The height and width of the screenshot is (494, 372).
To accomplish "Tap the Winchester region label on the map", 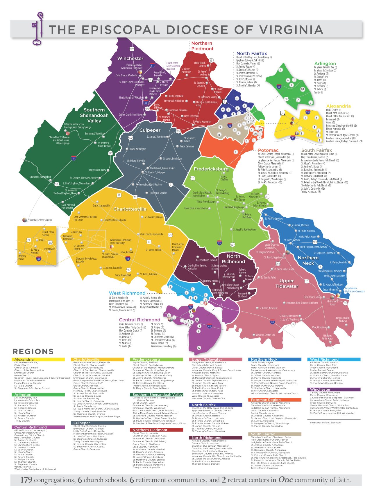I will pyautogui.click(x=130, y=58).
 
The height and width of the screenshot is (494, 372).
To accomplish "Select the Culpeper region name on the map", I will pyautogui.click(x=150, y=130).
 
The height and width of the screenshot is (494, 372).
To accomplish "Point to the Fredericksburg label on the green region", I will pyautogui.click(x=211, y=169).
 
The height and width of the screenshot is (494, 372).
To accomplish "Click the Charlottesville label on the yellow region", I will pyautogui.click(x=130, y=209).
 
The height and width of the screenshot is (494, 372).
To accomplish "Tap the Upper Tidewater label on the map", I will pyautogui.click(x=287, y=283).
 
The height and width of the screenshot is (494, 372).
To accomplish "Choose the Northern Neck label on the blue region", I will pyautogui.click(x=308, y=260).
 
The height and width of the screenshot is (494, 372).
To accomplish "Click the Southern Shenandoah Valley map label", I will pyautogui.click(x=94, y=115).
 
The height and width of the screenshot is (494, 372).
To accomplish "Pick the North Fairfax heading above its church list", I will pyautogui.click(x=251, y=53).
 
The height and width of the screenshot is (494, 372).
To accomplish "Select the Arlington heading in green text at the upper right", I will pyautogui.click(x=325, y=64).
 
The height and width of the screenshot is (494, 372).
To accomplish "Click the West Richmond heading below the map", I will pyautogui.click(x=127, y=293).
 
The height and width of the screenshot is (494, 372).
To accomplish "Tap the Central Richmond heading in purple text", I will pyautogui.click(x=139, y=320).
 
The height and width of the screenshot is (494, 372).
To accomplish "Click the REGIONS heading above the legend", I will pyautogui.click(x=33, y=351).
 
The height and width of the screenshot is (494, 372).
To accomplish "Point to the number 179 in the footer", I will pyautogui.click(x=26, y=480).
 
